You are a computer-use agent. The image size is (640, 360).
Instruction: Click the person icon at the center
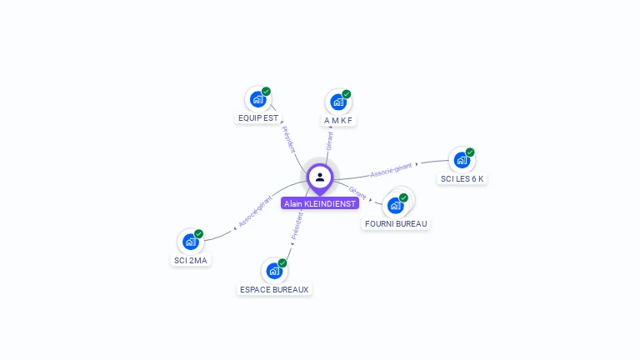pyautogui.click(x=320, y=177)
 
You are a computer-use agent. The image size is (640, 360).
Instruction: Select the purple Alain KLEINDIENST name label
pyautogui.click(x=320, y=203)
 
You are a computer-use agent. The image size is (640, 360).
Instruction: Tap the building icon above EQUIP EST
pyautogui.click(x=257, y=99)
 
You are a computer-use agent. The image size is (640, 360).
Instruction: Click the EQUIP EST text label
pyautogui.click(x=258, y=118)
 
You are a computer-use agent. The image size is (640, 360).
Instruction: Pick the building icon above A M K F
pyautogui.click(x=337, y=102)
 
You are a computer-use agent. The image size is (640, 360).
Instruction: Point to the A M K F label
pyautogui.click(x=338, y=121)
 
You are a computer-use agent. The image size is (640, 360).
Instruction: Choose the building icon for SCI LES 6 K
pyautogui.click(x=461, y=160)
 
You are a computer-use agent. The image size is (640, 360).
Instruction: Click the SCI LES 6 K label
pyautogui.click(x=462, y=179)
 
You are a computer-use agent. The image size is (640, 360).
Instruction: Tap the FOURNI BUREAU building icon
pyautogui.click(x=395, y=205)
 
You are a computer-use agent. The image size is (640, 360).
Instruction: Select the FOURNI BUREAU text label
pyautogui.click(x=396, y=224)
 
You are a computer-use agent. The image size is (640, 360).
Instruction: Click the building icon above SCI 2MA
pyautogui.click(x=191, y=242)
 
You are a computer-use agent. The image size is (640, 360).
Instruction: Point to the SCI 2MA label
pyautogui.click(x=191, y=261)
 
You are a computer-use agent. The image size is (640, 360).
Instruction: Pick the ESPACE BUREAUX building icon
pyautogui.click(x=274, y=271)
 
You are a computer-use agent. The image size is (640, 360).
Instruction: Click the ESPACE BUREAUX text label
pyautogui.click(x=274, y=290)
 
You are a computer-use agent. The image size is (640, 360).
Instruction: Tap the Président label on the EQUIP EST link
pyautogui.click(x=288, y=140)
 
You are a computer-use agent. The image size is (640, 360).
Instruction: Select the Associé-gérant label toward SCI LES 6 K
pyautogui.click(x=391, y=170)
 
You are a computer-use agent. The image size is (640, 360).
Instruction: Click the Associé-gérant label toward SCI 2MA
pyautogui.click(x=255, y=212)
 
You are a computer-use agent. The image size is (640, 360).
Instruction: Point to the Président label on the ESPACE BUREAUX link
pyautogui.click(x=297, y=226)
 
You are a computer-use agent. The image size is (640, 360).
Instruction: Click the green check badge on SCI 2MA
pyautogui.click(x=198, y=234)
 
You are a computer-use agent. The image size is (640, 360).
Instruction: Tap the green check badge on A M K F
pyautogui.click(x=346, y=94)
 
